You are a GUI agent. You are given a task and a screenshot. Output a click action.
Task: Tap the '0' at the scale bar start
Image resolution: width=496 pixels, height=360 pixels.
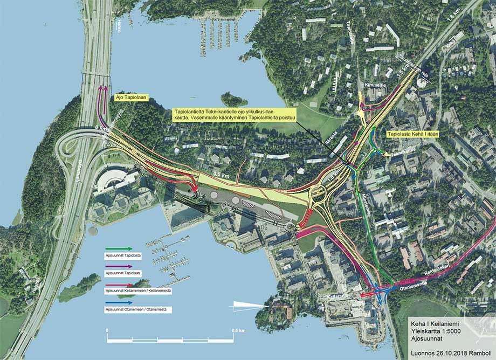click(x=107, y=329)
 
